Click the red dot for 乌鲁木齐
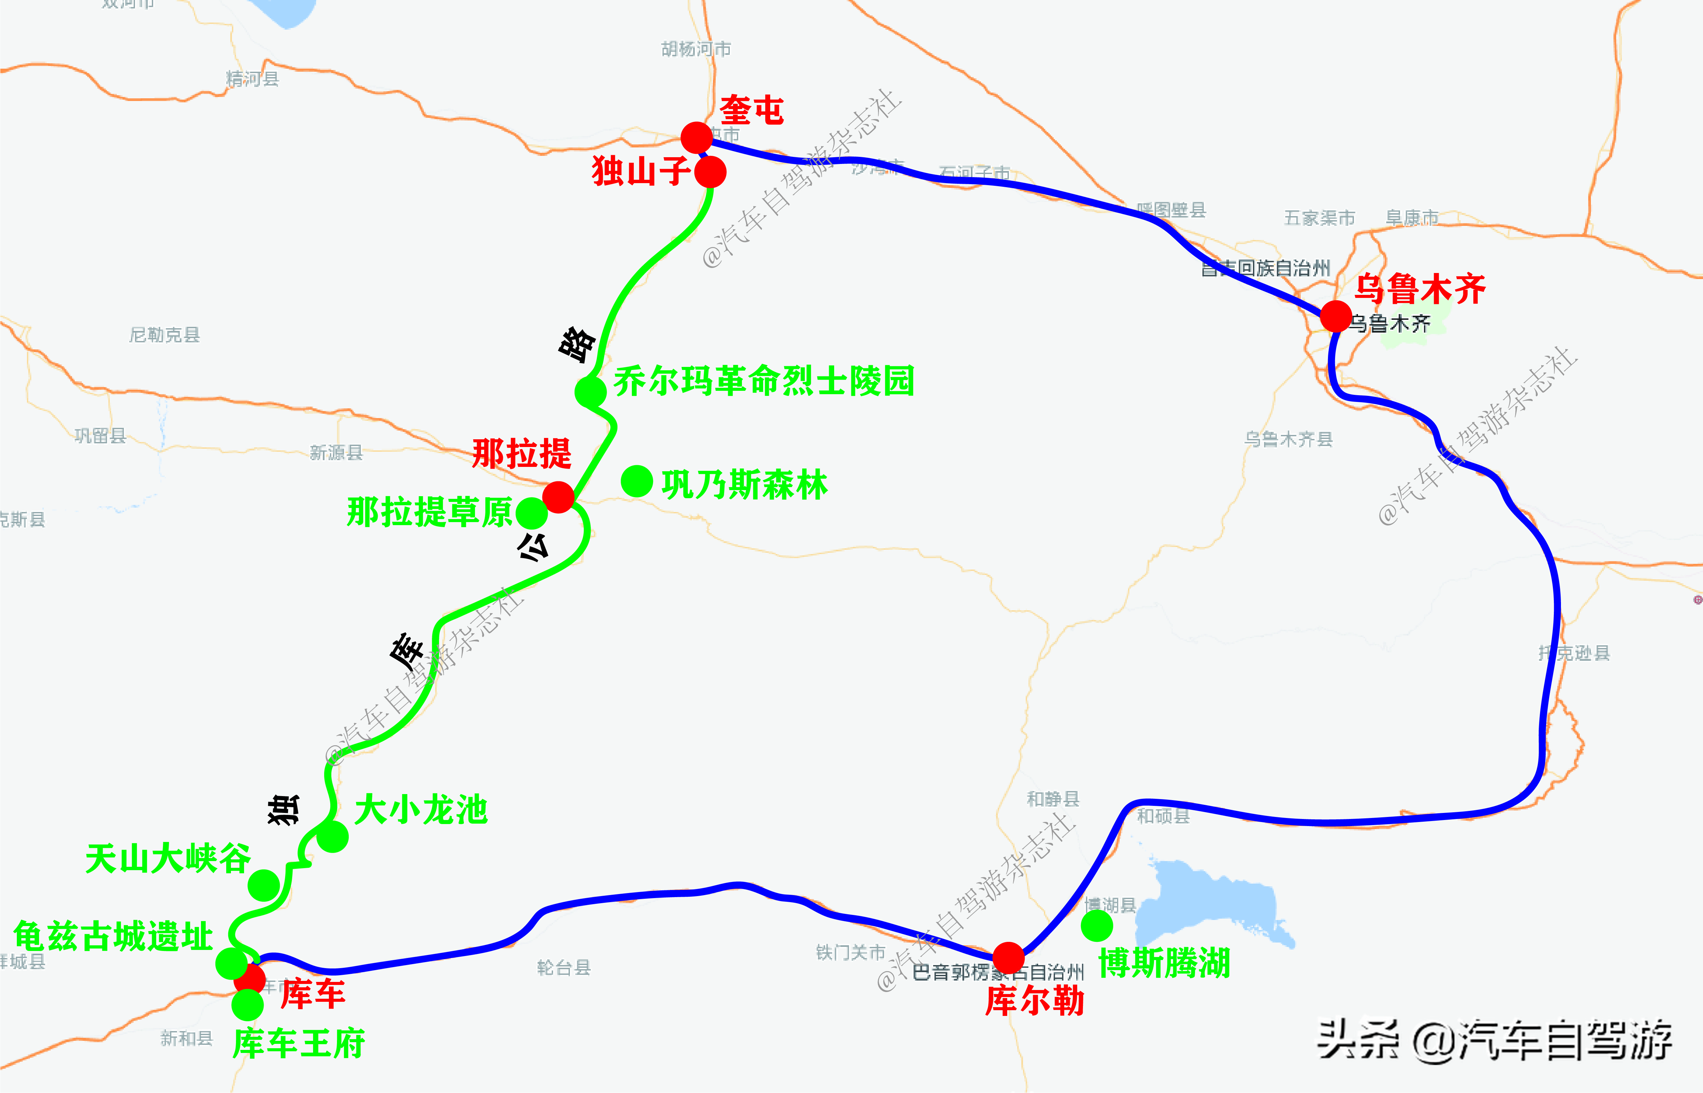point(1335,316)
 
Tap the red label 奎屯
point(751,111)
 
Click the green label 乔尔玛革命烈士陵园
point(763,381)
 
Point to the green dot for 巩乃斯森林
point(637,481)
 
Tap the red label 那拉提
point(521,453)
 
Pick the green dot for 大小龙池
point(332,837)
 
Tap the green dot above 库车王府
point(247,1004)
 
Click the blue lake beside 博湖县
point(1206,905)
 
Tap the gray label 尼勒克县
point(165,334)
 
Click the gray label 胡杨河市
point(696,49)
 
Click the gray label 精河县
point(252,78)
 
